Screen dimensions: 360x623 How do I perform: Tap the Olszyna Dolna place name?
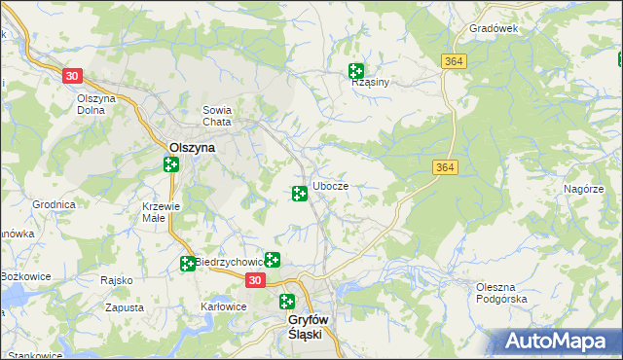pos(96,104)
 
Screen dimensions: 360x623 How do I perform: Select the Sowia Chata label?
pos(216,116)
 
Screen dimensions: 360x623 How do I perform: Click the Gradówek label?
pos(493,28)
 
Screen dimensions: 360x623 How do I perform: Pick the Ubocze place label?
pos(330,186)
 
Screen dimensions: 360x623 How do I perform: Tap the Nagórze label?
pos(583,188)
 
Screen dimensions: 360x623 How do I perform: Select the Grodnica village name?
pos(54,205)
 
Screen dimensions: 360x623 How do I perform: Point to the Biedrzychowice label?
pos(230,262)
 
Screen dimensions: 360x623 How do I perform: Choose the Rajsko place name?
pos(116,280)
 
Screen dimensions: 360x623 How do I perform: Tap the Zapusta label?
pos(125,306)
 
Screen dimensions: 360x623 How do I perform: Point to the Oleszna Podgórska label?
pos(501,292)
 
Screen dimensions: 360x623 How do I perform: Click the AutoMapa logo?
pos(557,342)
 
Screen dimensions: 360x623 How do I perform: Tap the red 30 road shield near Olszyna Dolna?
pos(71,75)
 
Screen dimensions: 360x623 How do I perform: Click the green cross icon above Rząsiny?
pos(356,70)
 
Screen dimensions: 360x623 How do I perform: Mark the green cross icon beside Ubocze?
pos(300,194)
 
